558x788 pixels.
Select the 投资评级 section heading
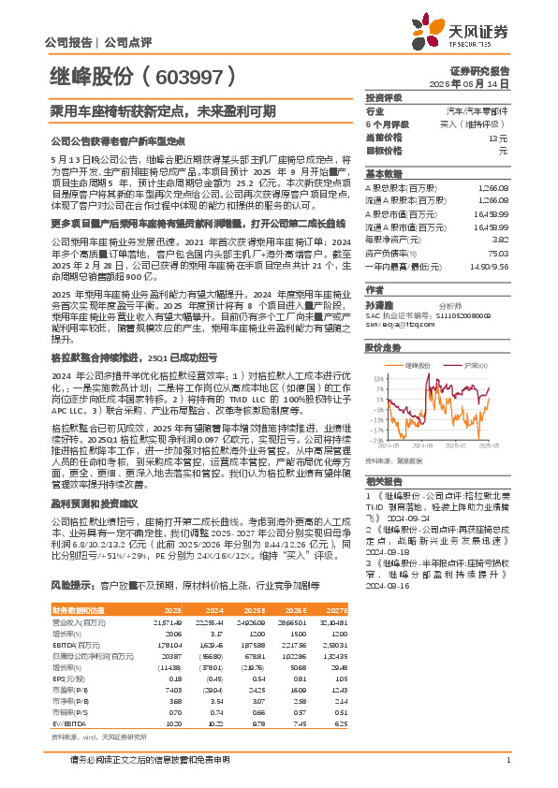(384, 97)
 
